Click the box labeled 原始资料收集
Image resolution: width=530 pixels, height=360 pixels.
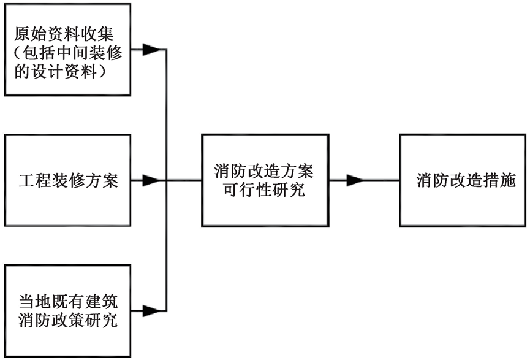pyautogui.click(x=67, y=50)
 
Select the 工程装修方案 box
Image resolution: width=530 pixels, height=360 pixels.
pyautogui.click(x=67, y=182)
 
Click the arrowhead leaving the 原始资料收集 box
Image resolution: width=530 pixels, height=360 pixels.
pyautogui.click(x=151, y=50)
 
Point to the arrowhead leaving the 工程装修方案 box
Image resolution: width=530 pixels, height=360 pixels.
pyautogui.click(x=151, y=182)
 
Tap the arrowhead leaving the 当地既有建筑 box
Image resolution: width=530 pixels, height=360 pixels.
pyautogui.click(x=151, y=311)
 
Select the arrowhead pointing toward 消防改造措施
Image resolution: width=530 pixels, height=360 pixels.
pyautogui.click(x=354, y=181)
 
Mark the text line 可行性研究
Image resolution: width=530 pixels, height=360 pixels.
pyautogui.click(x=264, y=191)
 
